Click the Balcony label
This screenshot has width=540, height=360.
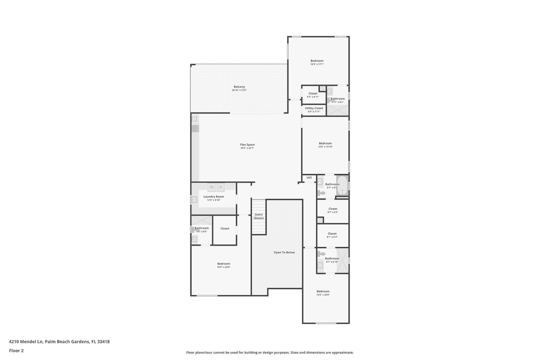pos(239,86)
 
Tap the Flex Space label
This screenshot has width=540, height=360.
pos(247,144)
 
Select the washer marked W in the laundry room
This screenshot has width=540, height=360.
pos(211,187)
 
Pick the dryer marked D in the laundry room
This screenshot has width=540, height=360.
pos(220,187)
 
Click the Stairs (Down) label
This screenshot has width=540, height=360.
pos(258,216)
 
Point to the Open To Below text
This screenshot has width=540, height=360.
pos(284,252)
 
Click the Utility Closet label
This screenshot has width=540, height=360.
pos(314,108)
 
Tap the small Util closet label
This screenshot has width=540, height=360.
pos(309,177)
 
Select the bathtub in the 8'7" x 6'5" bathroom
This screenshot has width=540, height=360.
pos(342,185)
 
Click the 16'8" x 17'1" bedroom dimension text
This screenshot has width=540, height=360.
pos(317,64)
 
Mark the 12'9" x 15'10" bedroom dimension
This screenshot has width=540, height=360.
pos(325,146)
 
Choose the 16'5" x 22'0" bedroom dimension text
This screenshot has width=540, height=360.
pos(223,267)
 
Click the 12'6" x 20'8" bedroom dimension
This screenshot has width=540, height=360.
pos(323,294)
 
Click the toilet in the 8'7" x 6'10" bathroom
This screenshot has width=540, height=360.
pos(321,254)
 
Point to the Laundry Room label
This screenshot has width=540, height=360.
pos(213,196)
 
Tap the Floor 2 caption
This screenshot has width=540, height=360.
pos(16,350)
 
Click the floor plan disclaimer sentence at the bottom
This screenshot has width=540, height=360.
pos(269,352)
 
